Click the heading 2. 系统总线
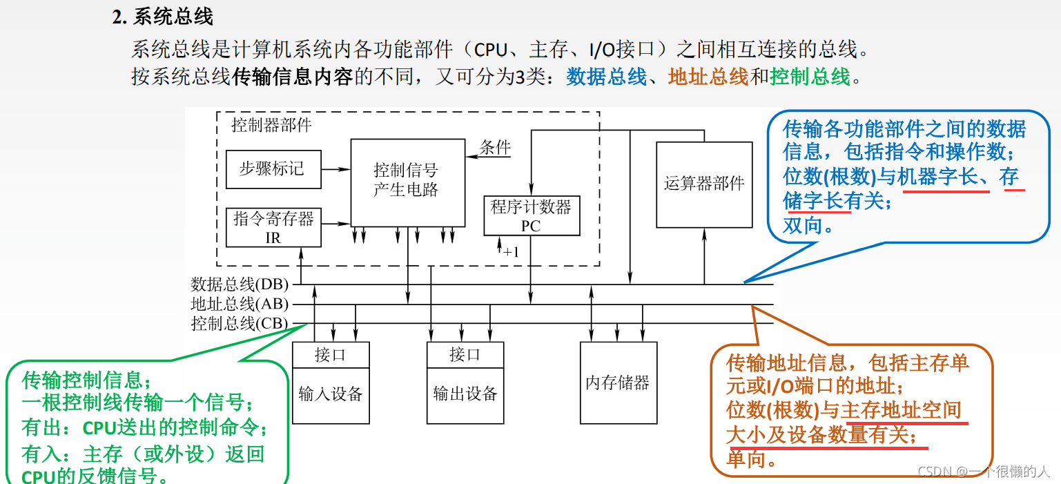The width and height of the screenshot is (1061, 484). (x=163, y=17)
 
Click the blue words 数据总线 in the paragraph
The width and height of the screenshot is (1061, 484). (x=607, y=77)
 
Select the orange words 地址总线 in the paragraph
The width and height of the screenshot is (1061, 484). (x=708, y=77)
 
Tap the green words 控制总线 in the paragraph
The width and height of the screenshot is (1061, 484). (x=810, y=77)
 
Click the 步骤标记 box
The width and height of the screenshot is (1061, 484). (x=273, y=169)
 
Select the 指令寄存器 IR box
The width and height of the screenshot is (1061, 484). (x=273, y=227)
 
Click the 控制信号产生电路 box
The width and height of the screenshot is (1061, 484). (x=407, y=180)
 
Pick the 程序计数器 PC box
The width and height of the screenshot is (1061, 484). (x=531, y=215)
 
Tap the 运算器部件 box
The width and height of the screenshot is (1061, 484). (x=704, y=184)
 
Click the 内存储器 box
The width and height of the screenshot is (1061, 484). (x=618, y=383)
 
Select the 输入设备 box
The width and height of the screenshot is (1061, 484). (x=331, y=395)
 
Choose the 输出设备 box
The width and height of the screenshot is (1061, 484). (x=465, y=395)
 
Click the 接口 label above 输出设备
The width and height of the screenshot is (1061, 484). (x=465, y=355)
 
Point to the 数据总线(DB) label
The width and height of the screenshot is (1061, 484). (x=240, y=284)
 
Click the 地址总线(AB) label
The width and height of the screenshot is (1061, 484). (x=240, y=304)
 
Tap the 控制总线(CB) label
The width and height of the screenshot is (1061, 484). (x=240, y=323)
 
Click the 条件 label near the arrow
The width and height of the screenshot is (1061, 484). (x=495, y=147)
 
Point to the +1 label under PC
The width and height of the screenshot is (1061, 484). (x=510, y=252)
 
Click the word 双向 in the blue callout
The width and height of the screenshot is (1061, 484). (x=804, y=225)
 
